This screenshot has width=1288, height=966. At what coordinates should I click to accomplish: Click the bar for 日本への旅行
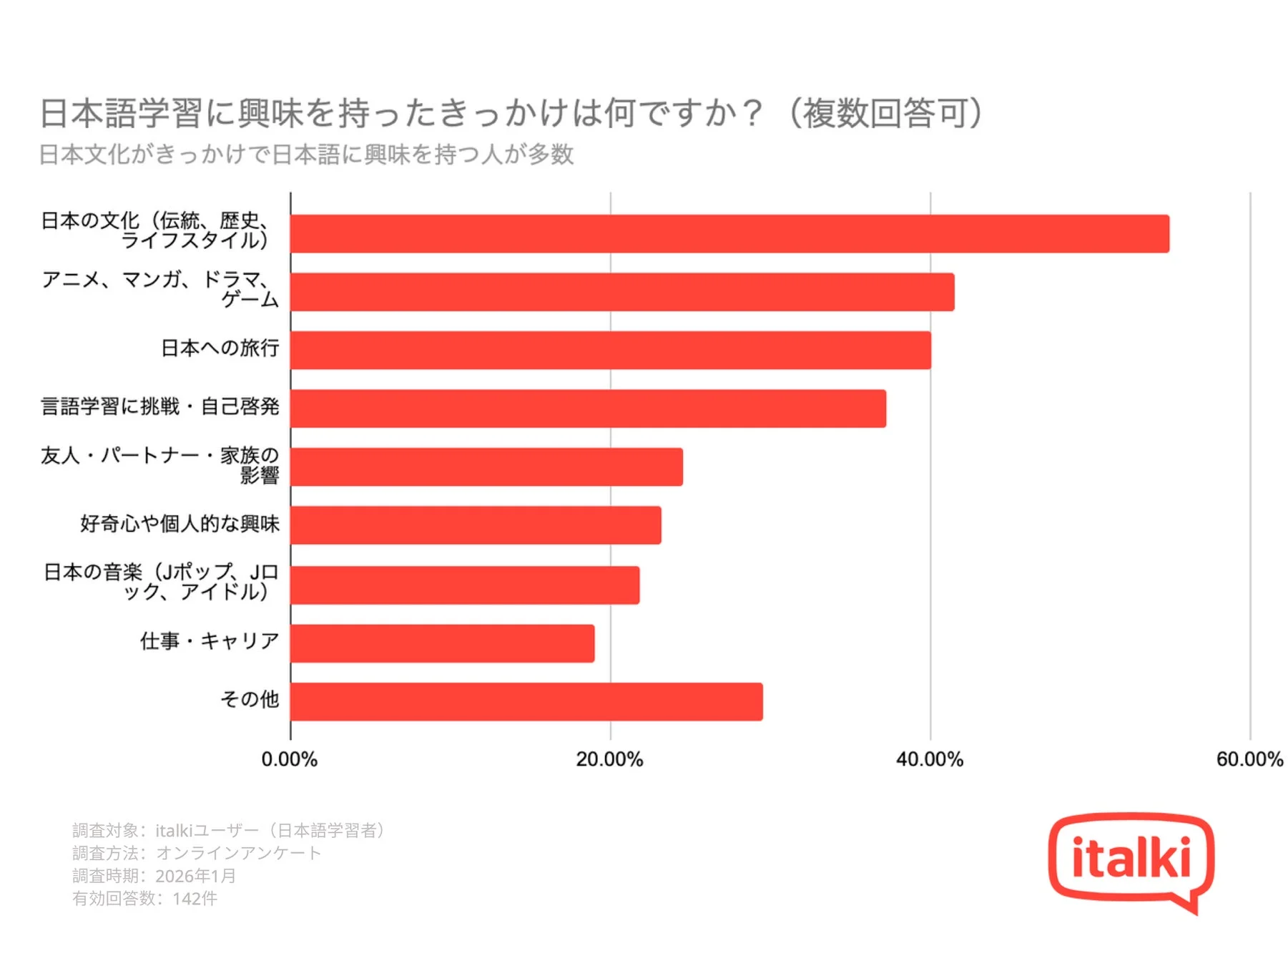[x=611, y=351]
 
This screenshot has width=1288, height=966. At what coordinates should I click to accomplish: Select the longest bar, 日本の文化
[x=729, y=234]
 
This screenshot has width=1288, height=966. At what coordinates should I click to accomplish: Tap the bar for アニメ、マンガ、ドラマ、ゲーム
[x=622, y=292]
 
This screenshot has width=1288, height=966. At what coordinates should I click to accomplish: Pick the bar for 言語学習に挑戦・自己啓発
[x=588, y=409]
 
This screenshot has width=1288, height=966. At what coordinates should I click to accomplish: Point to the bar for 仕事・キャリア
[x=442, y=643]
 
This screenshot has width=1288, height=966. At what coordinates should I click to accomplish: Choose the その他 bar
[x=526, y=701]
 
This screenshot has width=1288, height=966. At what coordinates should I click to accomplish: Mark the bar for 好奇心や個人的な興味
[x=476, y=525]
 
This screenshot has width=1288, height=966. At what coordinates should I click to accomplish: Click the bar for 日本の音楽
[x=465, y=585]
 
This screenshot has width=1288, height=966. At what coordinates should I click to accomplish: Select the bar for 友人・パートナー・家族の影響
[x=486, y=467]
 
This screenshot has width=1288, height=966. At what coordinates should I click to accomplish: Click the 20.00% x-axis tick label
[x=609, y=759]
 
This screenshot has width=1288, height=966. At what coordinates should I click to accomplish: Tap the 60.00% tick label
[x=1249, y=759]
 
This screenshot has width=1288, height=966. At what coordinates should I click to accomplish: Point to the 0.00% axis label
[x=289, y=759]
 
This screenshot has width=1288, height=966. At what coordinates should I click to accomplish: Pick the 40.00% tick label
[x=929, y=759]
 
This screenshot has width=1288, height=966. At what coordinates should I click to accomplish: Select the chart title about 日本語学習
[x=512, y=114]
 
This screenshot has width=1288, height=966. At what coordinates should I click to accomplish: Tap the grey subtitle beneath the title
[x=306, y=155]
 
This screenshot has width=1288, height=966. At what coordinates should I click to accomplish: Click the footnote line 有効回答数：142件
[x=144, y=899]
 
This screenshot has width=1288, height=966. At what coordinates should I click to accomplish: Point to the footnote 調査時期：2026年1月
[x=154, y=876]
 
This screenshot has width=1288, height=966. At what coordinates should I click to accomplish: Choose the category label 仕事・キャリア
[x=210, y=641]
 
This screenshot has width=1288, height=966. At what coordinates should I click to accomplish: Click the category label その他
[x=249, y=699]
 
